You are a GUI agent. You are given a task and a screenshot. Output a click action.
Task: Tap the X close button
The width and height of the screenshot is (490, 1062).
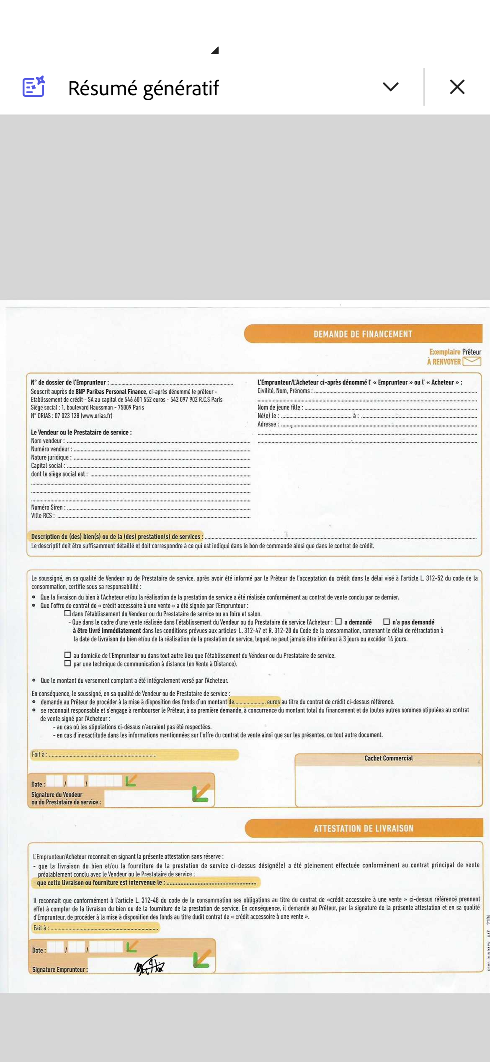pos(457,87)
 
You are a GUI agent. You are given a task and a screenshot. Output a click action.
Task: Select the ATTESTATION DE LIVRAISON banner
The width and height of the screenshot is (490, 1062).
pos(363,828)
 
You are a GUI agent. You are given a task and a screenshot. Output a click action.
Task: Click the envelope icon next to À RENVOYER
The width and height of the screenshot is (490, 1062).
pos(472,361)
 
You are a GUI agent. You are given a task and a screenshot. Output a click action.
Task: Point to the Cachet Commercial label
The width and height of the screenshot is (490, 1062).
pos(388,758)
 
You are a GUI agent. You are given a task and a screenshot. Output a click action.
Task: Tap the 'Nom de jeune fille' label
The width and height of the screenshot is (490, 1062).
pos(280,407)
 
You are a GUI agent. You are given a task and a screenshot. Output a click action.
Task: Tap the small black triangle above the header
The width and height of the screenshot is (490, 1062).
pos(215,50)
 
